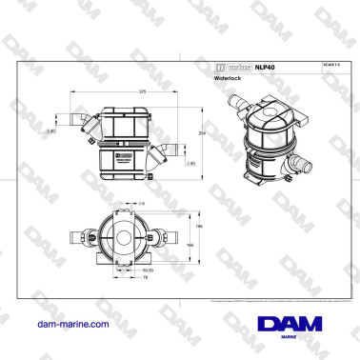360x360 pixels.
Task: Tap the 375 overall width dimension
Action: [115, 91]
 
